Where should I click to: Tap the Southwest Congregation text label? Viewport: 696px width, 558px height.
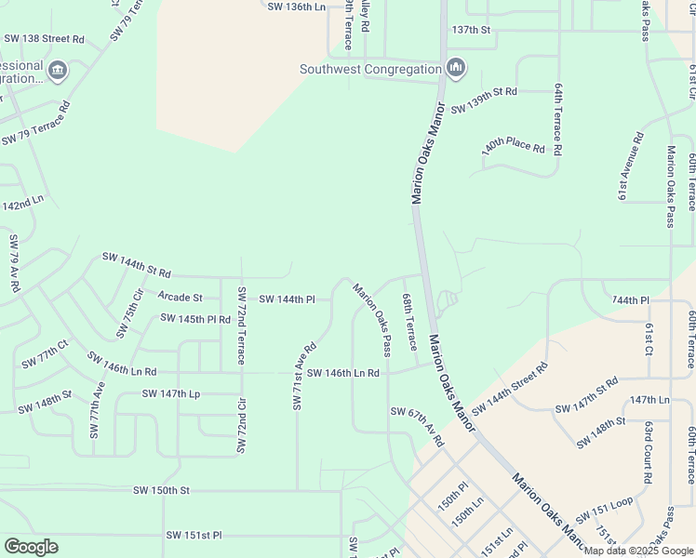tap(369, 69)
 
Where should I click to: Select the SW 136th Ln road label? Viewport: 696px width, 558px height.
tap(297, 7)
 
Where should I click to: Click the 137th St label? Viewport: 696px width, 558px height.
tap(471, 30)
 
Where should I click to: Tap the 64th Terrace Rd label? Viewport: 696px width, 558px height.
tap(558, 118)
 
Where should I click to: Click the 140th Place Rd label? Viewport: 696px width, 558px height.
tap(513, 147)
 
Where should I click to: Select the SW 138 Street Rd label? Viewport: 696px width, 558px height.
tap(44, 39)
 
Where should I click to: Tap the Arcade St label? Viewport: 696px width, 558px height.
tap(180, 298)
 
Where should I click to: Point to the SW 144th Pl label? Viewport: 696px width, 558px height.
tap(288, 299)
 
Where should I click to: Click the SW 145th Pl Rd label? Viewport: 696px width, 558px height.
tap(195, 318)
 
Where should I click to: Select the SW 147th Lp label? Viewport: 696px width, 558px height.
tap(171, 394)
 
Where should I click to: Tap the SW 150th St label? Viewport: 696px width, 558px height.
tap(161, 490)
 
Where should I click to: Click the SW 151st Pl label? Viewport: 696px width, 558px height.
tap(194, 536)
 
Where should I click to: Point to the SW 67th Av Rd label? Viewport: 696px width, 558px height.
tap(418, 425)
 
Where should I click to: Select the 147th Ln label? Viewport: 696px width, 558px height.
tap(649, 400)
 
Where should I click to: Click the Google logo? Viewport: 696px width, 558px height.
tap(31, 547)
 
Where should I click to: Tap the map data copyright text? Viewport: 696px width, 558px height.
tap(638, 551)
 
